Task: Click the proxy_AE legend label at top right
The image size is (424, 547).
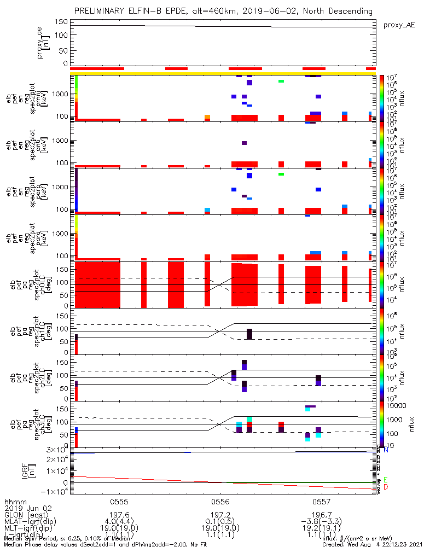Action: point(399,25)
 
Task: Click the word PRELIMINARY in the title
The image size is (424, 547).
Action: point(102,11)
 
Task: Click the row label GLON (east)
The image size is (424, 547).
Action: point(25,515)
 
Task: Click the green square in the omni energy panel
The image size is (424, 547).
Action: point(281,81)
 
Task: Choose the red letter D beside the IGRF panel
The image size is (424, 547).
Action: point(386,487)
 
